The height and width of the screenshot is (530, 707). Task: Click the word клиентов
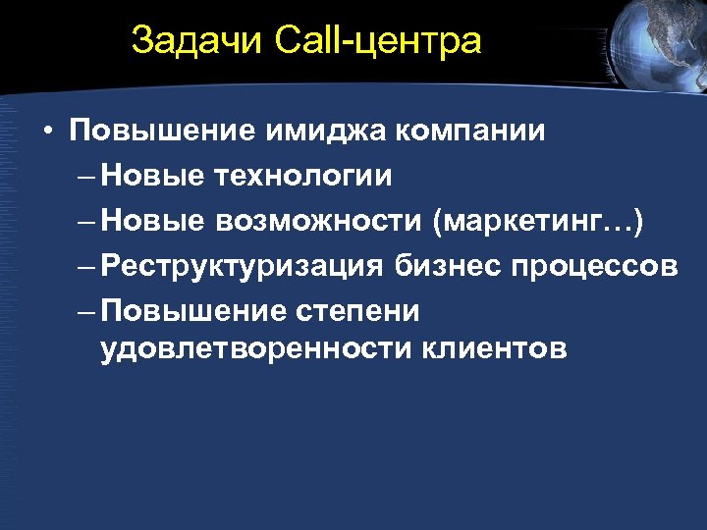tap(496, 348)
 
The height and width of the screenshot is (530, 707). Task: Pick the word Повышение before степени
tap(194, 311)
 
